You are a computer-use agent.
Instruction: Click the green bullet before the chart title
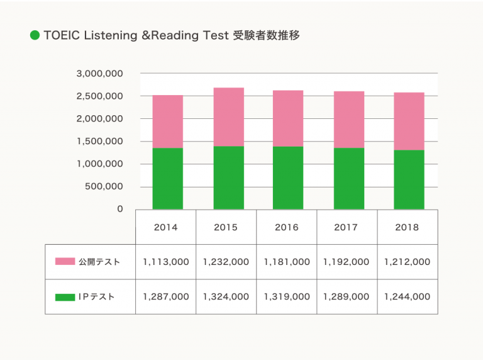[35, 35]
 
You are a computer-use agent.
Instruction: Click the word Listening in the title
[105, 35]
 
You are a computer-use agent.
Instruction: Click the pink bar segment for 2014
[167, 121]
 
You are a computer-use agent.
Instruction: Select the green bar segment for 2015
[228, 177]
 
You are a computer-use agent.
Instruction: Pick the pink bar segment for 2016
[288, 118]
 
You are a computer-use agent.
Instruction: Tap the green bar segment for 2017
[348, 178]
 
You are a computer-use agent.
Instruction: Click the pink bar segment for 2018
[409, 121]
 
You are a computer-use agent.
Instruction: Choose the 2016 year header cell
[287, 227]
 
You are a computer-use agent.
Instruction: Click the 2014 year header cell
[166, 227]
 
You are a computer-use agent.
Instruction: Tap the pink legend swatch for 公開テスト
[65, 262]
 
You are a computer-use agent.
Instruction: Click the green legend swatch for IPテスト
[65, 296]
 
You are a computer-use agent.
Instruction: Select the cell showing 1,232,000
[226, 262]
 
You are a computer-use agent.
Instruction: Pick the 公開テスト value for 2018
[408, 262]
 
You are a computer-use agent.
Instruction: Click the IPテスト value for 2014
[166, 296]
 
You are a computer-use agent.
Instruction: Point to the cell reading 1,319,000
[287, 296]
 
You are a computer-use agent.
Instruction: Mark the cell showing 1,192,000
[347, 262]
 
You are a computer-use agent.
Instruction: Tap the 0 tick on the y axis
[119, 209]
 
